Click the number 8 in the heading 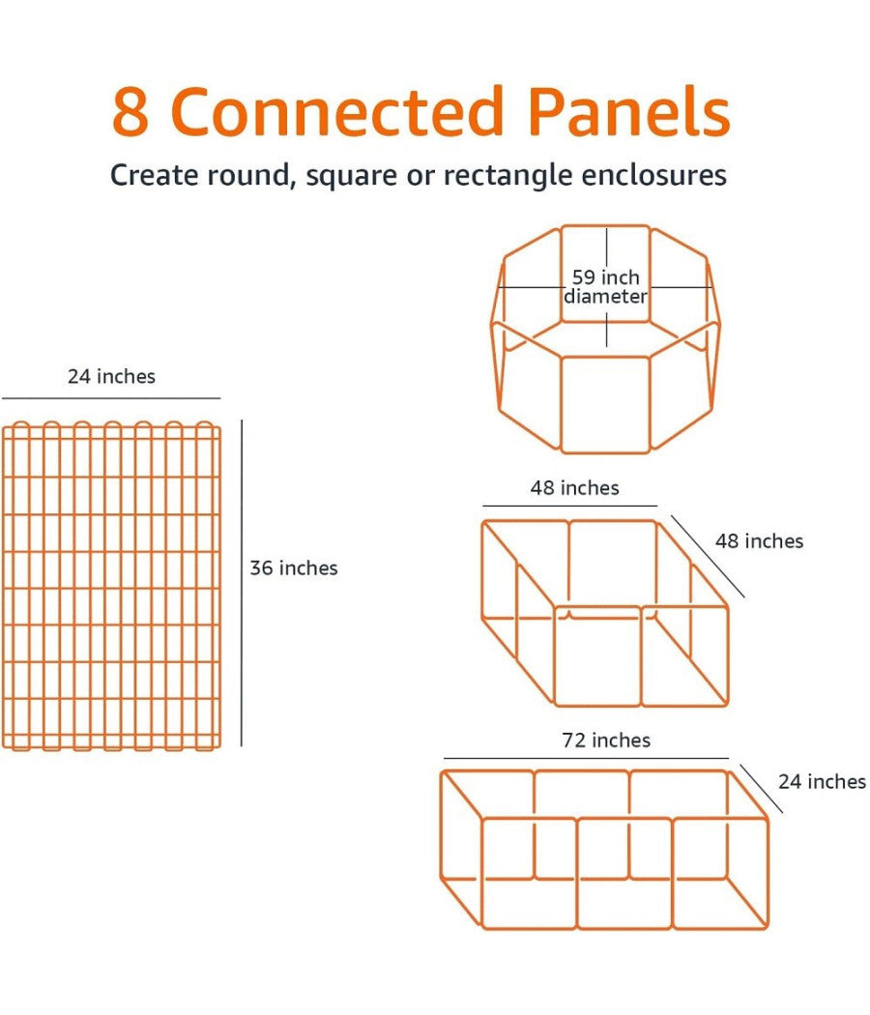(131, 112)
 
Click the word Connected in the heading (336, 111)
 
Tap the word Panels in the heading (629, 111)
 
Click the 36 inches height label (294, 567)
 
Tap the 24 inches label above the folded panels (111, 376)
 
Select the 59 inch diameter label (605, 286)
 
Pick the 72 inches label (606, 739)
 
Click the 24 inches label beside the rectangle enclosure (822, 781)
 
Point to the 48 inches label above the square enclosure (575, 487)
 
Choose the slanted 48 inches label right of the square (759, 540)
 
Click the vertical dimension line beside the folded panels (242, 583)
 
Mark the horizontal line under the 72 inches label (586, 758)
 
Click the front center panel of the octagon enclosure (605, 405)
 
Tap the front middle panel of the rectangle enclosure (624, 873)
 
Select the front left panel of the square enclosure (596, 655)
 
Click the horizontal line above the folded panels (111, 398)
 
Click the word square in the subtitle (352, 176)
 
